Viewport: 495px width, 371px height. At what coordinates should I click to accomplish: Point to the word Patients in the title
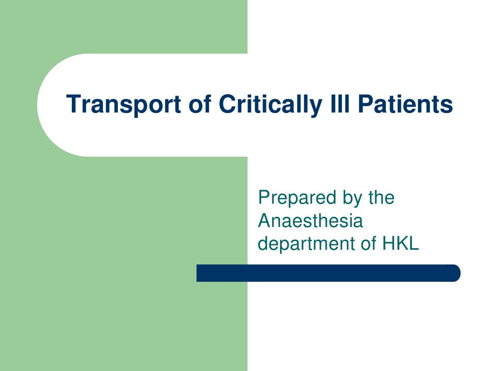(x=405, y=104)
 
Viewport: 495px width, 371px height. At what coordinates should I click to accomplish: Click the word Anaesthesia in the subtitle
(x=310, y=221)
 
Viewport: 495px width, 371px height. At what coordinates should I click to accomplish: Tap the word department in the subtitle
(x=306, y=244)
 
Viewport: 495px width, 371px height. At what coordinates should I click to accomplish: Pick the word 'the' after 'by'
(x=381, y=197)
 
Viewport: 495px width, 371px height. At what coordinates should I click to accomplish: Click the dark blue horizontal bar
(x=328, y=273)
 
